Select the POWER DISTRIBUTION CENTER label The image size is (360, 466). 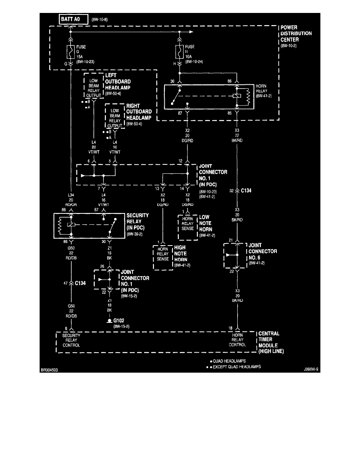(x=296, y=33)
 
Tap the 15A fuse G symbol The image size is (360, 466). (x=71, y=51)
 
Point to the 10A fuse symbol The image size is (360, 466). (x=180, y=51)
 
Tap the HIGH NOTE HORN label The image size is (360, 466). (x=180, y=253)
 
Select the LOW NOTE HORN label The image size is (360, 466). (x=205, y=223)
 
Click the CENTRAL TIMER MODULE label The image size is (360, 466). (x=271, y=342)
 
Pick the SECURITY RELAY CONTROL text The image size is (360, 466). (x=71, y=340)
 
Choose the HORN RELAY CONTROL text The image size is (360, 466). (x=238, y=340)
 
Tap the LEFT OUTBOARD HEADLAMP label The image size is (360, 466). (x=118, y=82)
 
